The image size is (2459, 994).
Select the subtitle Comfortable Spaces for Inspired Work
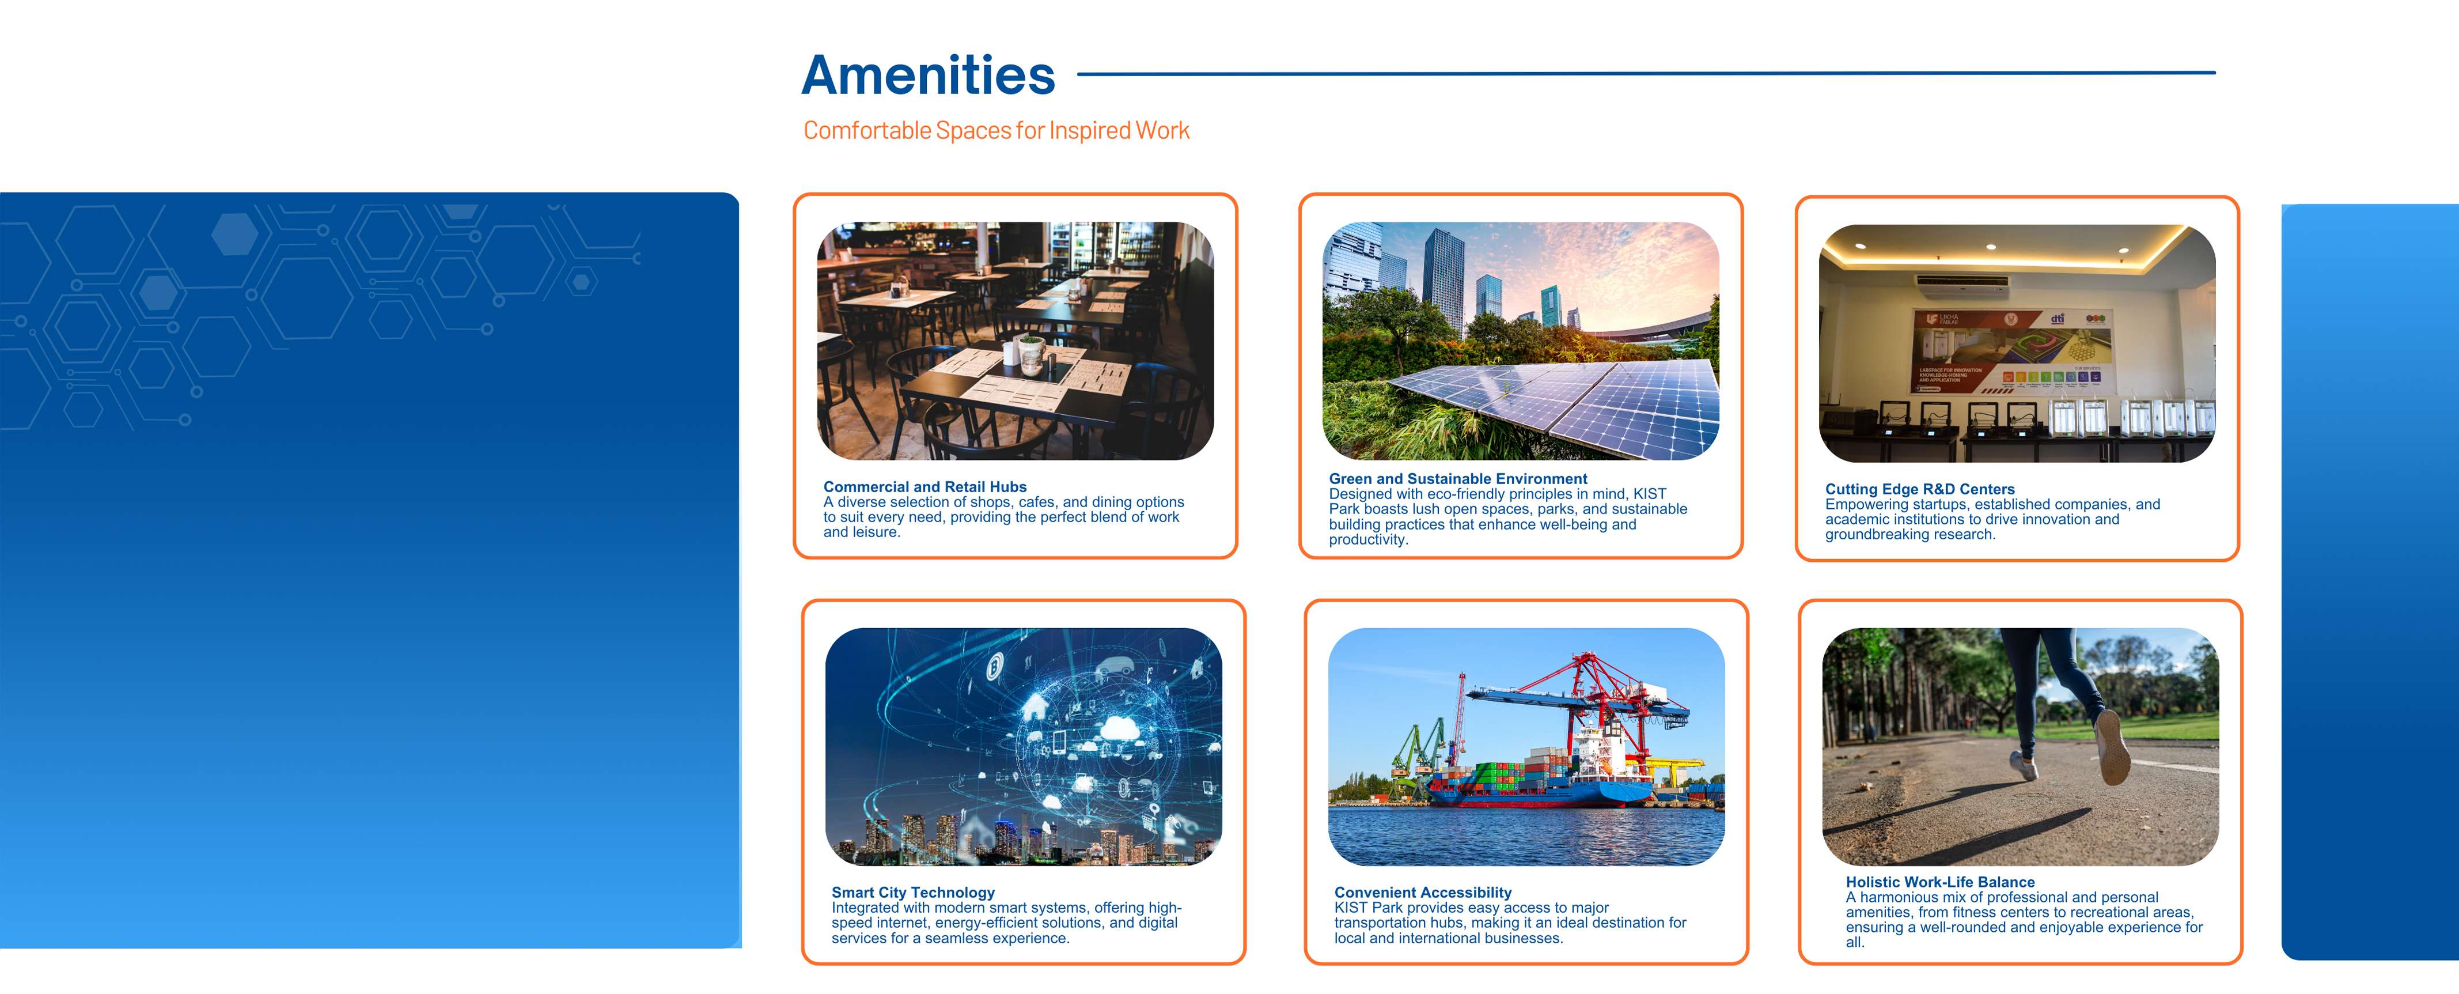point(995,131)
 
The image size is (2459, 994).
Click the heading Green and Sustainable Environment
point(1458,478)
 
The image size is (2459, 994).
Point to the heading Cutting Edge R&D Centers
point(1920,489)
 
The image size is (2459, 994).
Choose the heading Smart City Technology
point(912,892)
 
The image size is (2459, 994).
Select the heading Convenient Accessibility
point(1422,892)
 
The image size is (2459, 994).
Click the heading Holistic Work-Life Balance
point(1939,882)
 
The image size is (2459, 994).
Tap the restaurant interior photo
point(1015,341)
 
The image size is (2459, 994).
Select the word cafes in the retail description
point(1037,502)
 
